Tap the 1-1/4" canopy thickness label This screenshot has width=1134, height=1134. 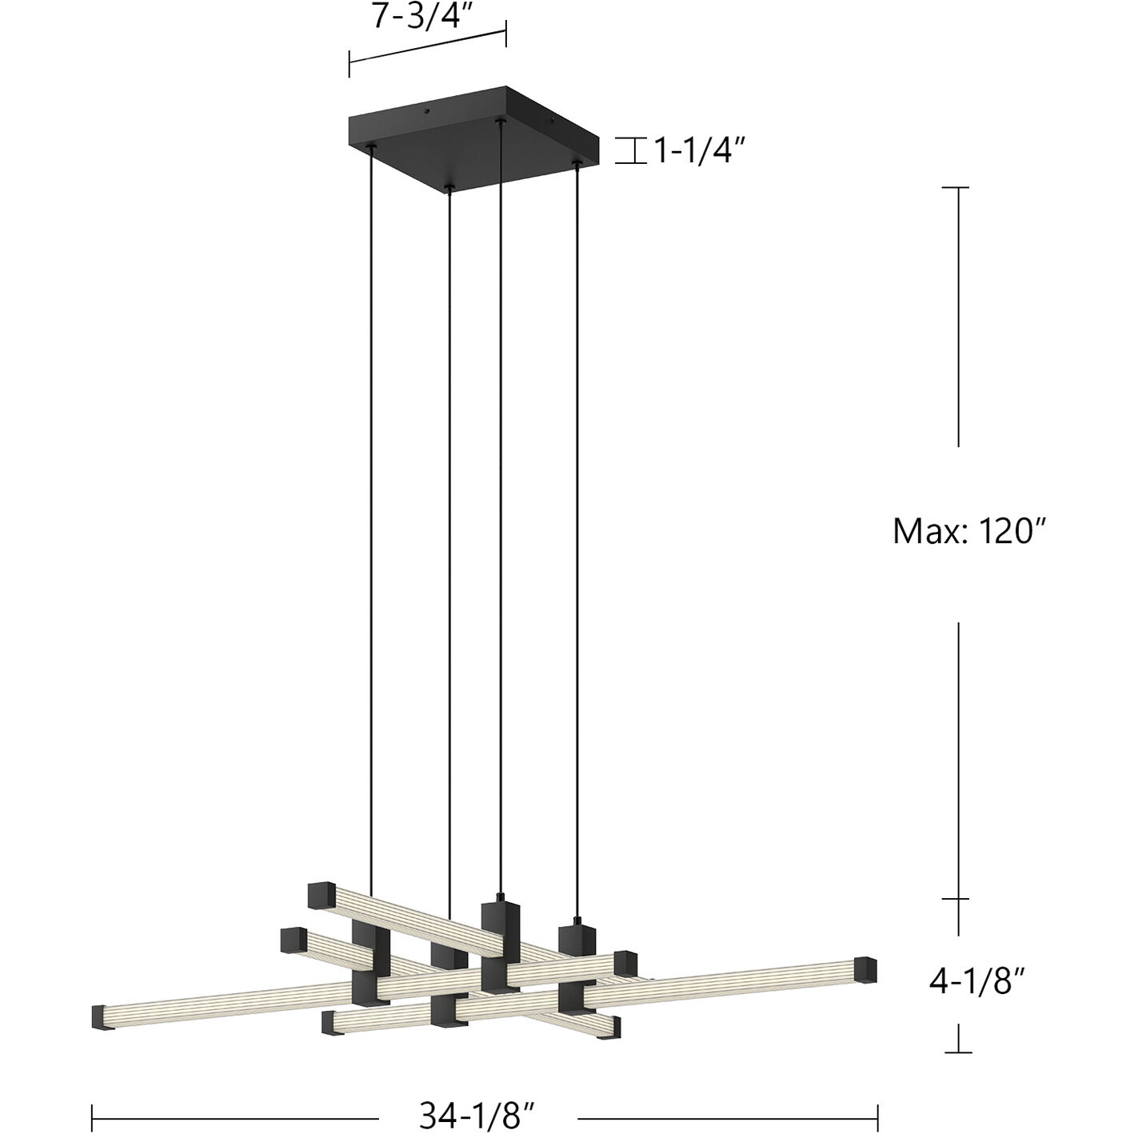click(x=694, y=150)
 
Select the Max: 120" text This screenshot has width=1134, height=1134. click(x=969, y=530)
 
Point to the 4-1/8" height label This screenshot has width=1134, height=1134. click(x=977, y=980)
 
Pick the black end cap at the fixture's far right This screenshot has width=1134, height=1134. click(x=865, y=970)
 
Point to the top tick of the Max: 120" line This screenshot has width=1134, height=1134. click(x=958, y=188)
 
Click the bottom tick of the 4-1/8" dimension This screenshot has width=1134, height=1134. click(x=958, y=1052)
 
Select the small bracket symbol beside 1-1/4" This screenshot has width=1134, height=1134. click(x=630, y=150)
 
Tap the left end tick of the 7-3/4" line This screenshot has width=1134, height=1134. click(x=349, y=64)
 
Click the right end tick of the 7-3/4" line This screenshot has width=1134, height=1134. click(x=505, y=34)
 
